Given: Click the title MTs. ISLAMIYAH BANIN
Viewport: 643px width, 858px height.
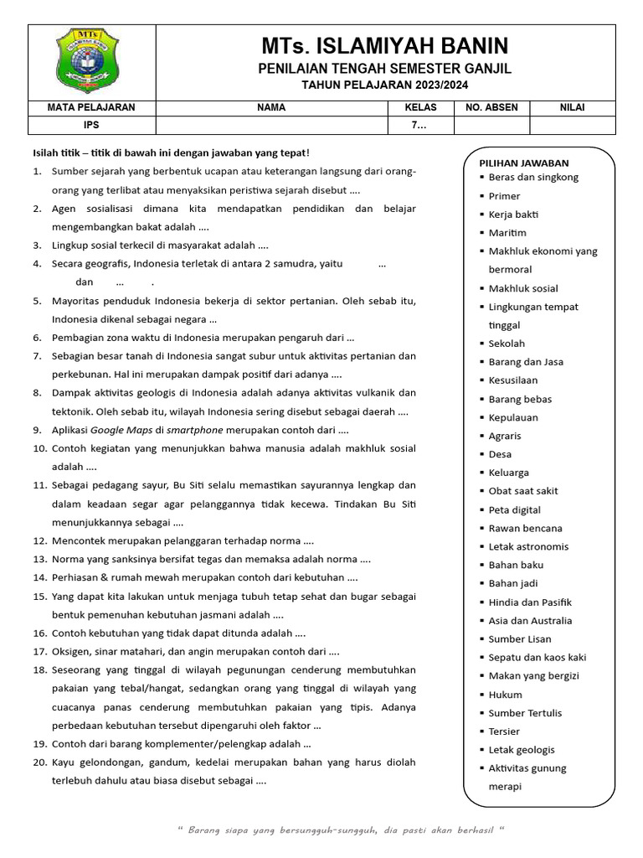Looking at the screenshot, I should (x=384, y=45).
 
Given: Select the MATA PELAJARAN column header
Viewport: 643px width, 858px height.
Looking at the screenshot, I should (x=92, y=107).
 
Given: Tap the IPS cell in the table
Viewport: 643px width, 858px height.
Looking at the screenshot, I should (x=92, y=126).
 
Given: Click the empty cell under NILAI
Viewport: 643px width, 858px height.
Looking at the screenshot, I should (x=573, y=126).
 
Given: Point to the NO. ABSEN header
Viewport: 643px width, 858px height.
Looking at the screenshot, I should (x=491, y=107).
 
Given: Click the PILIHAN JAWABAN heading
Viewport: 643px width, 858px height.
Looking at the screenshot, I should (x=524, y=163).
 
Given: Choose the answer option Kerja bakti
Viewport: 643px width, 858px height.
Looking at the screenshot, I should (x=514, y=214).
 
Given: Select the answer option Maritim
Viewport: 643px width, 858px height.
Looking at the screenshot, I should (x=507, y=233).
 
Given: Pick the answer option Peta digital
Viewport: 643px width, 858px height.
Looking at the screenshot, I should (x=514, y=509).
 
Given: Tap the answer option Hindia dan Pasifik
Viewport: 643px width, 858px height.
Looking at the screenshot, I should (x=530, y=602).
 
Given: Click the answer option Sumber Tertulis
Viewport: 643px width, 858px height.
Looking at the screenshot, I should (x=525, y=713).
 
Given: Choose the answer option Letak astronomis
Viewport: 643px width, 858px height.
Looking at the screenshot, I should (x=528, y=546).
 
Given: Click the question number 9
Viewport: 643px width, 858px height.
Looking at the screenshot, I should (x=38, y=429).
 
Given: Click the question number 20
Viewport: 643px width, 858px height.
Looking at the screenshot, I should (x=39, y=762).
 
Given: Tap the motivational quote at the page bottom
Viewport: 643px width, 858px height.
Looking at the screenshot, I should (x=342, y=830).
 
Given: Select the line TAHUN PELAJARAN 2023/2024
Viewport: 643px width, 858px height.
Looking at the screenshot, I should (x=384, y=85).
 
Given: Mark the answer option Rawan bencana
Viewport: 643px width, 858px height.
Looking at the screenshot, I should (x=525, y=528).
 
